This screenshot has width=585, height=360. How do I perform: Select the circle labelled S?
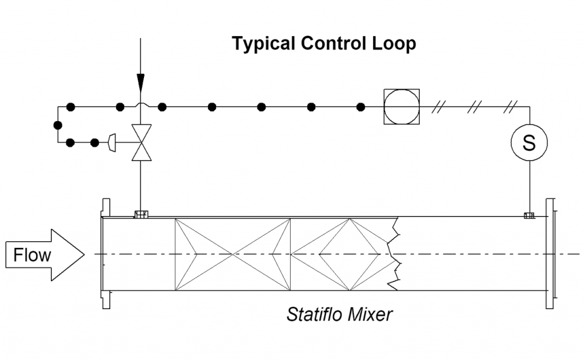[x=529, y=142]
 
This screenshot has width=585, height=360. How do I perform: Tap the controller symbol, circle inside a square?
[x=401, y=107]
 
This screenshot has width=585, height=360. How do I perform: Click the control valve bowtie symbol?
[x=140, y=142]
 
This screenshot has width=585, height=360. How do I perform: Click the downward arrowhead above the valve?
[x=140, y=82]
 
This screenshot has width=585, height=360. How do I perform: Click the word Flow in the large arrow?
[x=32, y=255]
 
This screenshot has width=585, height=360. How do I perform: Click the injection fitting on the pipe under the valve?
[x=140, y=215]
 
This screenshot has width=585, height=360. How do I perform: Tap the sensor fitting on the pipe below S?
[x=529, y=215]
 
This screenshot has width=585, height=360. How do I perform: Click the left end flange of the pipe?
[x=105, y=254]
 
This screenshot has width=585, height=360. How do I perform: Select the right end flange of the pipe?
[x=550, y=254]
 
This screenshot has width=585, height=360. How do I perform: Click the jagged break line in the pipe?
[x=394, y=254]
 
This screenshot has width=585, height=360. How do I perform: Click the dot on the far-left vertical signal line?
[x=57, y=125]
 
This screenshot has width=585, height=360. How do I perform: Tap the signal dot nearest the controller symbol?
[x=360, y=107]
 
